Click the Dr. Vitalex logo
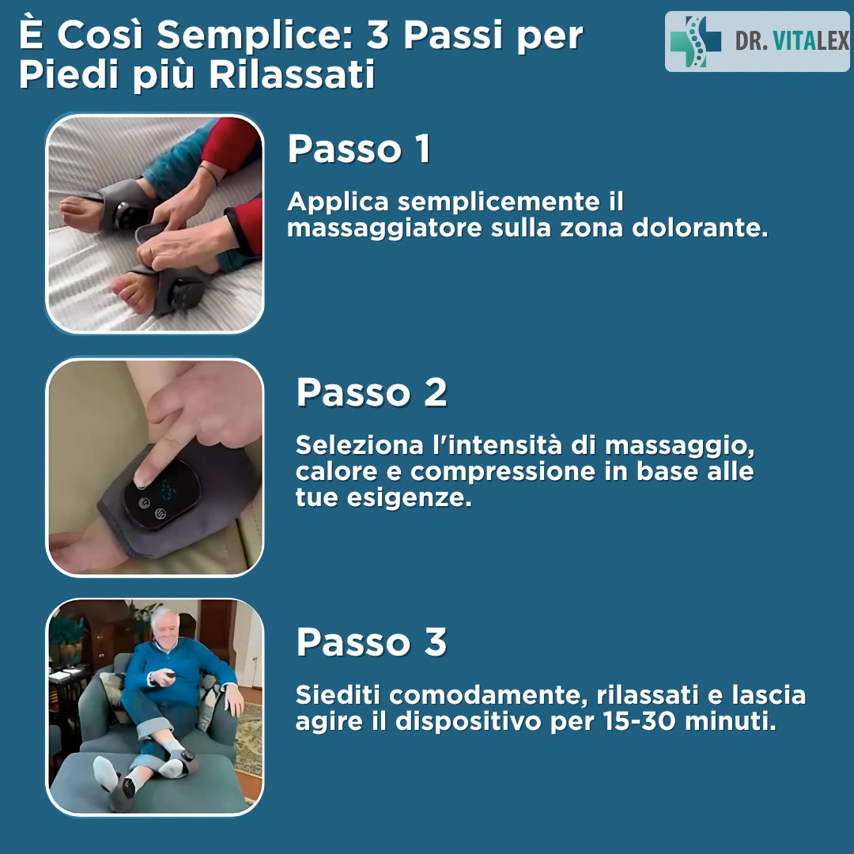(x=757, y=41)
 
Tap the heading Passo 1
(x=359, y=149)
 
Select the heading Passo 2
(x=372, y=392)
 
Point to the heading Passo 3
(x=372, y=642)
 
